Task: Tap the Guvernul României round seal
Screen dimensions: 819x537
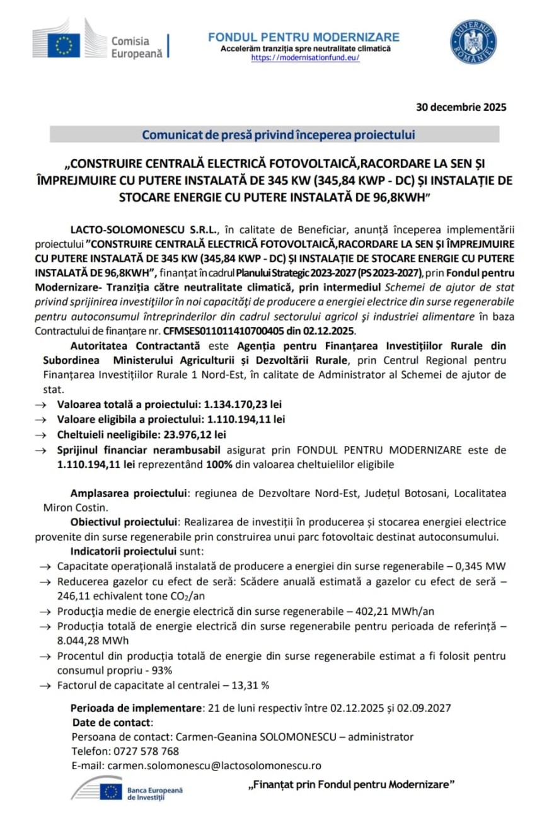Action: pos(473,42)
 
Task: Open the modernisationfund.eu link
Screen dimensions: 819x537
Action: pos(306,57)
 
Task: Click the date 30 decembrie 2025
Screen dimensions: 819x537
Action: pos(461,107)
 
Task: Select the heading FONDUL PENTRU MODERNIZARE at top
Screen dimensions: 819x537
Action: pos(304,37)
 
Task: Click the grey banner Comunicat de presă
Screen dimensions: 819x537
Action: pos(275,135)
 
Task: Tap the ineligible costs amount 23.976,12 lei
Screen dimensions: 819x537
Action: pos(194,434)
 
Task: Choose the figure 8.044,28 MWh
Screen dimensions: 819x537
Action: pos(92,641)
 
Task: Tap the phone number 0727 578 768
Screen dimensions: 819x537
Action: pos(142,751)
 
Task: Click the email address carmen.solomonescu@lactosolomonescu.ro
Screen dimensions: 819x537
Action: pos(214,765)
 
